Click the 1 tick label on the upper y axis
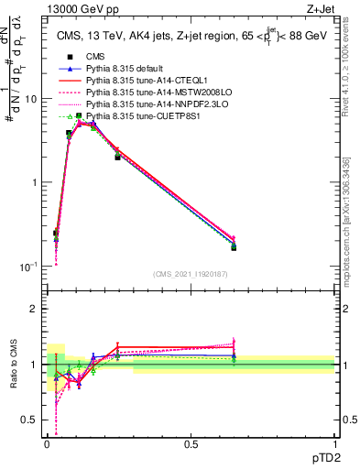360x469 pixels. coord(33,182)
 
